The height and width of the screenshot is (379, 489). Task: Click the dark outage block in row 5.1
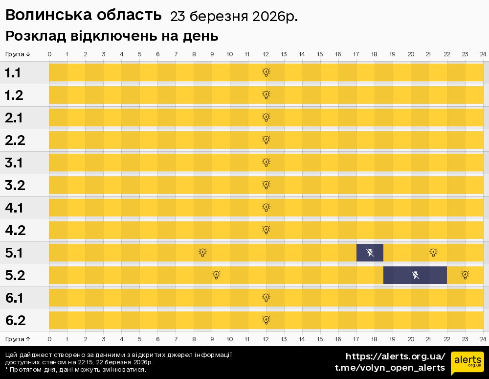pos(370,253)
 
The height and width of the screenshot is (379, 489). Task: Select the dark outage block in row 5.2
pos(415,275)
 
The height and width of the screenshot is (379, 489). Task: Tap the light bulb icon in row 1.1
pos(266,72)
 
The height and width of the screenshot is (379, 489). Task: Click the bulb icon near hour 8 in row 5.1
pos(202,253)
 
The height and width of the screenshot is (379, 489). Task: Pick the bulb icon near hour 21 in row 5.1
pos(433,253)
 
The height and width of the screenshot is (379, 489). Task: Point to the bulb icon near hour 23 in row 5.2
pos(465,275)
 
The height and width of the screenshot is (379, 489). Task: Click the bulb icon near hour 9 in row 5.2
pos(216,275)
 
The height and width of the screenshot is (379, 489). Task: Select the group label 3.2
pos(15,186)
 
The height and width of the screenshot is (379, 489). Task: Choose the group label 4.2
pos(15,231)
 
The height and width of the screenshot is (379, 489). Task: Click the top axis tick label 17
pos(356,54)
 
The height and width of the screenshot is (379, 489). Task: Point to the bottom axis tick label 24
pos(483,339)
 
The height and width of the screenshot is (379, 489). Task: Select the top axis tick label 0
pos(49,54)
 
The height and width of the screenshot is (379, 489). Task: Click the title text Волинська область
pos(83,16)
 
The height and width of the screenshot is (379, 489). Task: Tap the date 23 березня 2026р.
pos(234,17)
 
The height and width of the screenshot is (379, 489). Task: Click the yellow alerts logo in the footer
pos(467,362)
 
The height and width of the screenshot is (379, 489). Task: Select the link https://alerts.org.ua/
pos(395,356)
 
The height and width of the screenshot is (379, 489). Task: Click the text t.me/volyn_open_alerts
pos(389,368)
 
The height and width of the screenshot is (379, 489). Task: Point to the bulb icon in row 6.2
pos(266,320)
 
